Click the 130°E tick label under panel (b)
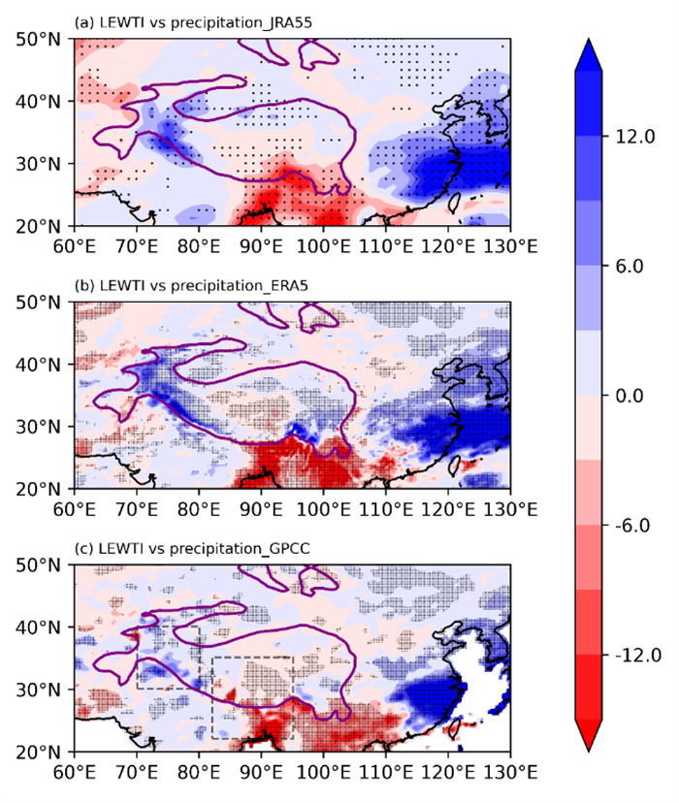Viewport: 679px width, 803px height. click(x=510, y=509)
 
